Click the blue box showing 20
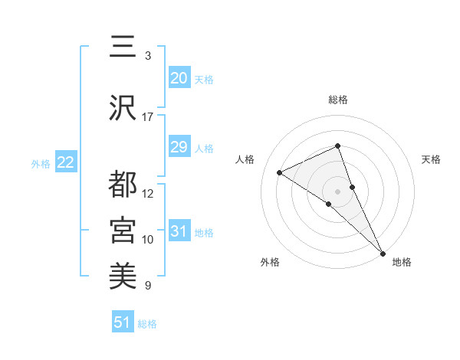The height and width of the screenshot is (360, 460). (179, 77)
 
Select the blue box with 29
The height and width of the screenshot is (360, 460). (179, 147)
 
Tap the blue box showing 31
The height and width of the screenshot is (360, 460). (179, 231)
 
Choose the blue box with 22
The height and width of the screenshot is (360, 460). (65, 162)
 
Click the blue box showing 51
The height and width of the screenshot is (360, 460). (122, 322)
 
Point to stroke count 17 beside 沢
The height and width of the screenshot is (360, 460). (148, 116)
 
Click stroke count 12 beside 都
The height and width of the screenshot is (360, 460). (148, 193)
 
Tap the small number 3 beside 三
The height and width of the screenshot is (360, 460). (148, 55)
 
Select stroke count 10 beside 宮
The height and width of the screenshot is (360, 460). (148, 239)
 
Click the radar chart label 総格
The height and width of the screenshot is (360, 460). (338, 100)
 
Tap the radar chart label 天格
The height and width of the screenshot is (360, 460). (432, 159)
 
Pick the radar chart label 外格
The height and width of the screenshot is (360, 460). (270, 262)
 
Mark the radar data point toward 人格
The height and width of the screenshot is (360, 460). (280, 172)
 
